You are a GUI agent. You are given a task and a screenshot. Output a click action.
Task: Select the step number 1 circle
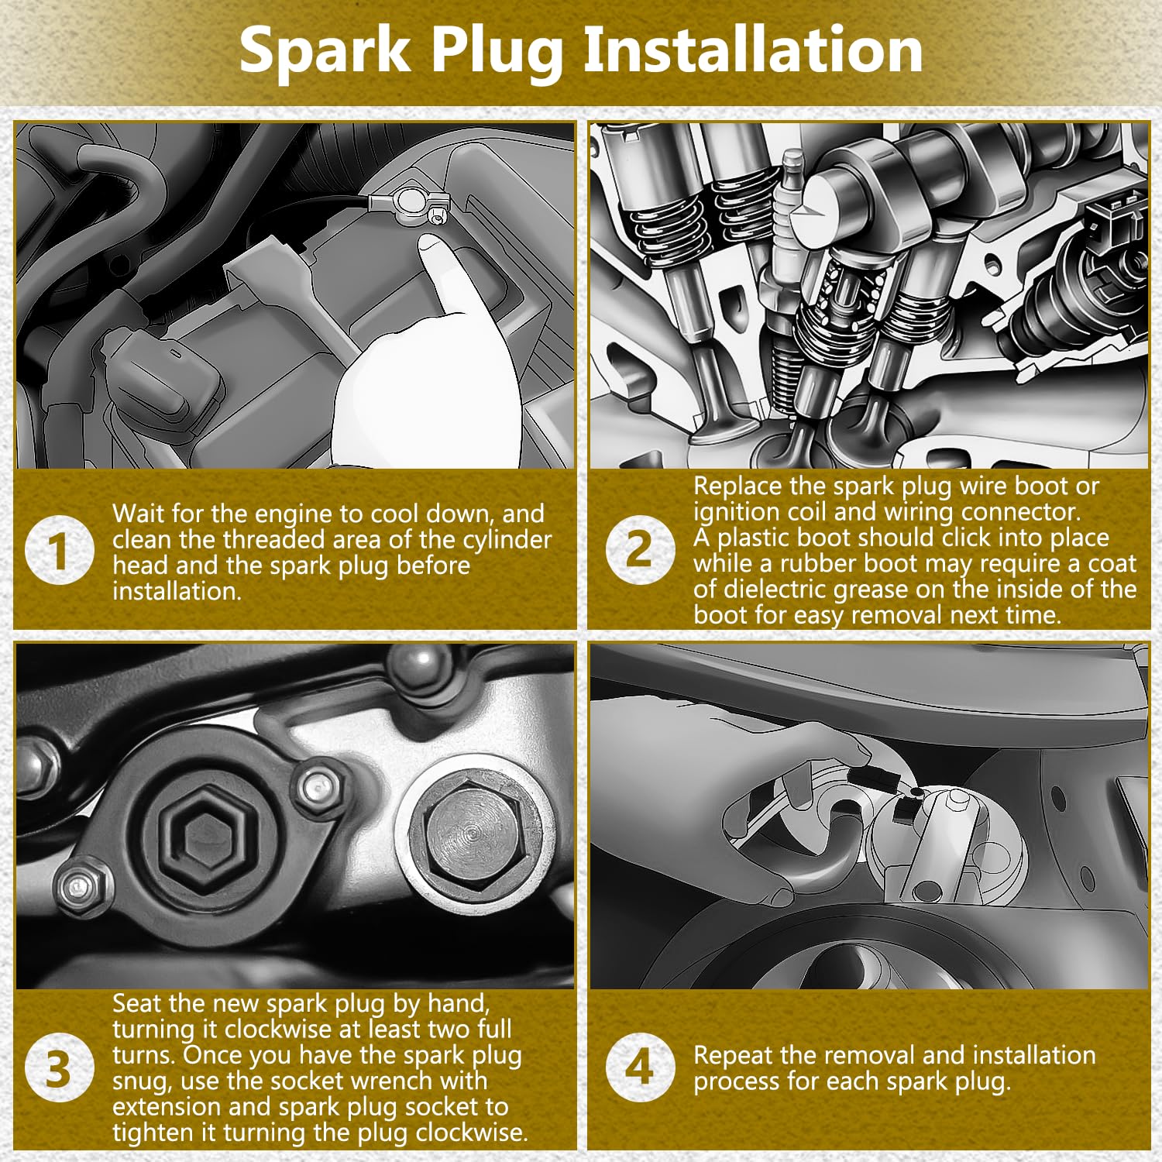(60, 551)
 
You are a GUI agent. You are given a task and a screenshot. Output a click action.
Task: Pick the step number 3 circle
(60, 1068)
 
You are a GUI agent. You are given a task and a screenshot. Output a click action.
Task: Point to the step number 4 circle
(640, 1067)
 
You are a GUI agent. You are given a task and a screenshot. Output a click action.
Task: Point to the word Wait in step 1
(139, 514)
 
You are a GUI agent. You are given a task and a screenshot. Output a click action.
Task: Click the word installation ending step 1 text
(177, 591)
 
